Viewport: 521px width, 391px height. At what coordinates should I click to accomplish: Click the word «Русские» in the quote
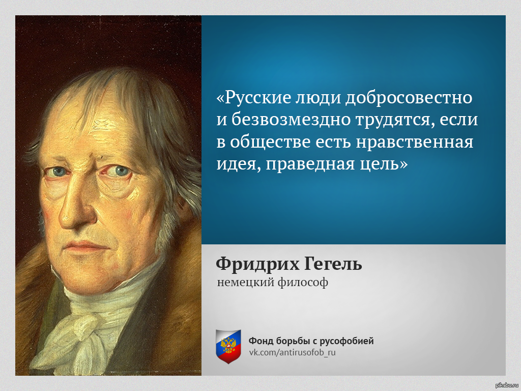click(x=253, y=97)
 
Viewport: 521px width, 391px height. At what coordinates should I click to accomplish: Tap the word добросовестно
click(x=409, y=98)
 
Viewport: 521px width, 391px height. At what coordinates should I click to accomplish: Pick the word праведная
click(x=311, y=164)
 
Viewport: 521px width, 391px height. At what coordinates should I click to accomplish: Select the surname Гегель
click(x=333, y=264)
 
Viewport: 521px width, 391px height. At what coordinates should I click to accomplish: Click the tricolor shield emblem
click(x=228, y=346)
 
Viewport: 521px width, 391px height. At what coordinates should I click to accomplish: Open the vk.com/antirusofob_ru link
click(x=293, y=352)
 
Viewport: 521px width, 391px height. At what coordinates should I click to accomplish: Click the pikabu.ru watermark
click(x=507, y=385)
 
